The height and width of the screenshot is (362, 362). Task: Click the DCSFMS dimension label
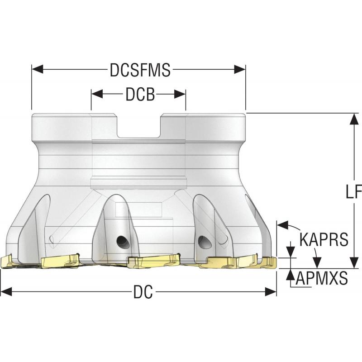[140, 70]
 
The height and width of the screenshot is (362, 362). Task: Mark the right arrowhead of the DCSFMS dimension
[242, 70]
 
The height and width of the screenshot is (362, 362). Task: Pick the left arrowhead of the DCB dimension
[95, 94]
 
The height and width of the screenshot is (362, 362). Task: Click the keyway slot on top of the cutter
[139, 126]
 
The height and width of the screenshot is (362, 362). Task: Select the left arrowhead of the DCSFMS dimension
[35, 70]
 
